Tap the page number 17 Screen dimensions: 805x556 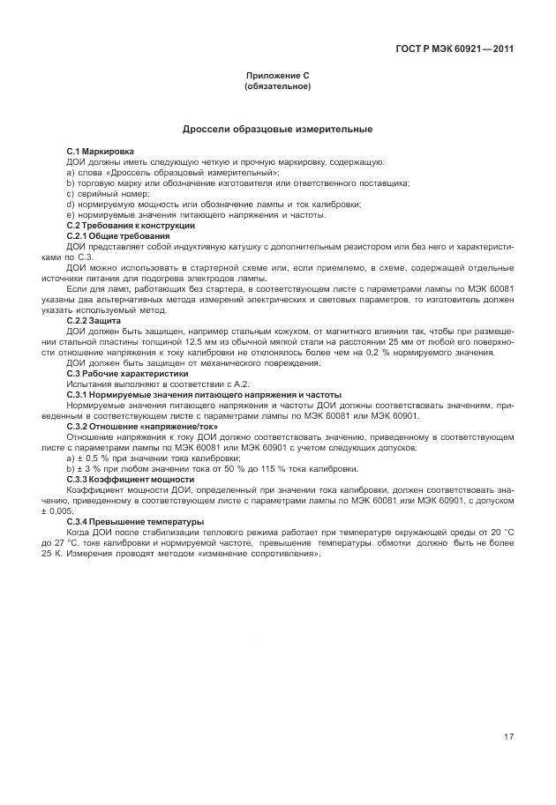click(508, 737)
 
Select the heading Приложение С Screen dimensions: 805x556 click(277, 78)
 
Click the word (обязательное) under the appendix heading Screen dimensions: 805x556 click(277, 87)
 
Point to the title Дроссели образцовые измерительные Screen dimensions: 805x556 click(277, 130)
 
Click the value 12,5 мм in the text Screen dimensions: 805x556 click(219, 342)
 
